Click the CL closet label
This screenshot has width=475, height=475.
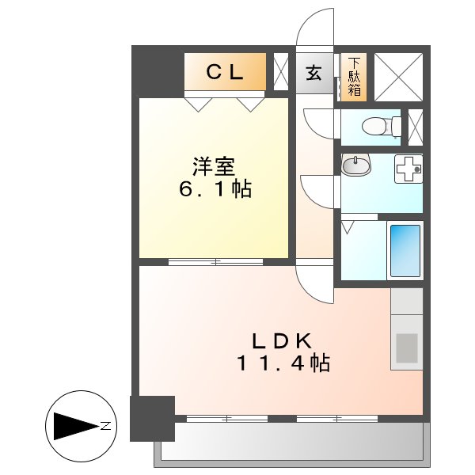point(224,72)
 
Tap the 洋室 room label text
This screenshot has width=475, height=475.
point(215,168)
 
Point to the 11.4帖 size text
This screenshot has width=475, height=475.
point(282,363)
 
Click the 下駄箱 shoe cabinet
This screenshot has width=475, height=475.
point(355,76)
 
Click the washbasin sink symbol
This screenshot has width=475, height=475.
point(356,167)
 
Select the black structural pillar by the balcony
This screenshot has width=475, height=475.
point(152,418)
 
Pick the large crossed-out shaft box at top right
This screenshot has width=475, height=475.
point(397,76)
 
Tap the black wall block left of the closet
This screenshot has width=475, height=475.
point(157,71)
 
